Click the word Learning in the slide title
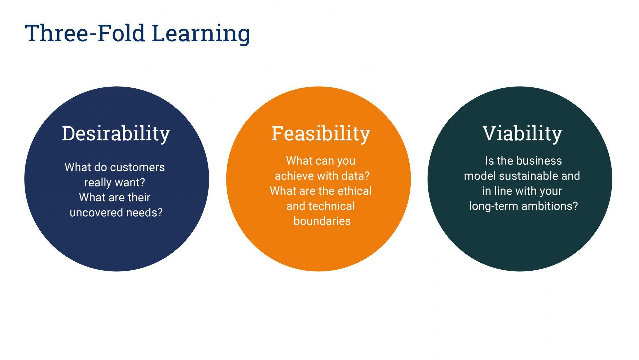click(201, 34)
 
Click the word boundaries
click(322, 221)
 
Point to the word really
click(98, 182)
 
